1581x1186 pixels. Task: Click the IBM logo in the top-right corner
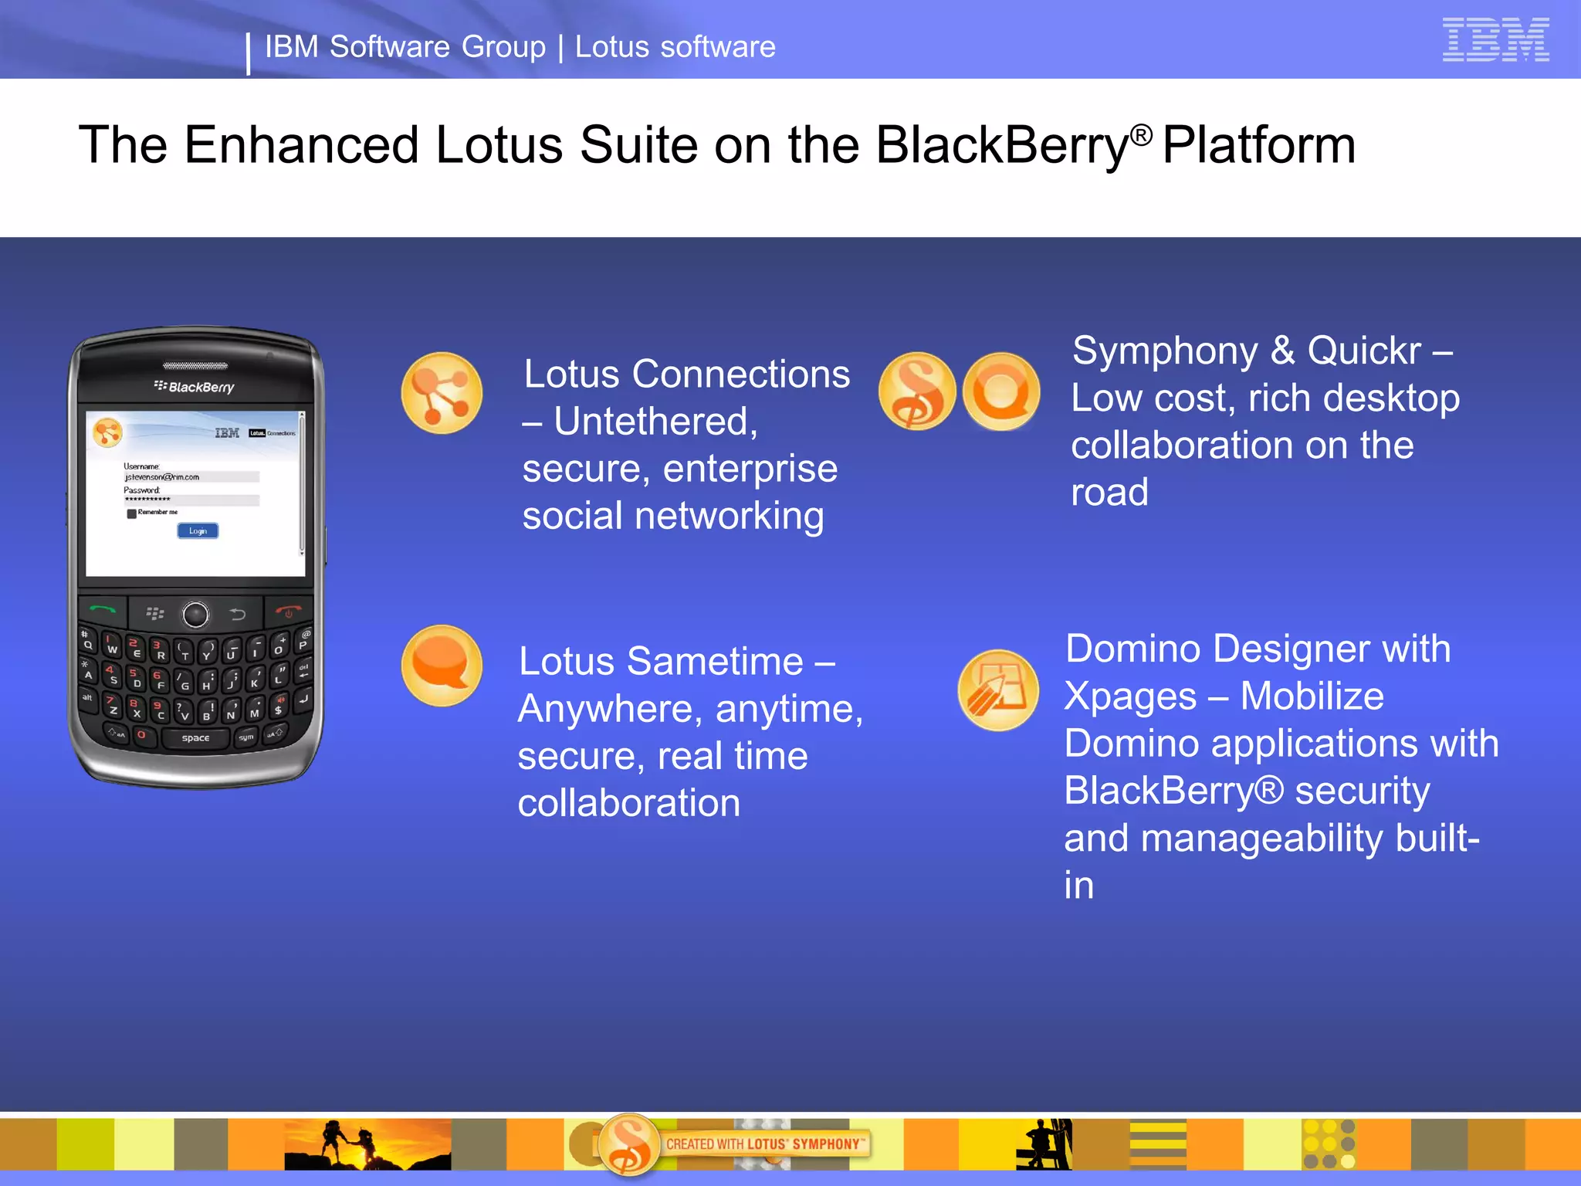click(1495, 39)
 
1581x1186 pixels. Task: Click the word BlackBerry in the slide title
click(1002, 145)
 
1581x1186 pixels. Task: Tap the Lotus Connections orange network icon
click(442, 393)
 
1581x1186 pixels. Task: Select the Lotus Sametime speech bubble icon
click(442, 665)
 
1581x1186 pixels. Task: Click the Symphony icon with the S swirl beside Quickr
click(916, 391)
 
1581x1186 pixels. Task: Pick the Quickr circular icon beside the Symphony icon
click(1001, 391)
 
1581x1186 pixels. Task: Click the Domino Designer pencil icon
click(997, 690)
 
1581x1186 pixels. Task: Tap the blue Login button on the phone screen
click(198, 530)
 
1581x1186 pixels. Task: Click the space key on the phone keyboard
click(195, 738)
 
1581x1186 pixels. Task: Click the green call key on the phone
click(103, 610)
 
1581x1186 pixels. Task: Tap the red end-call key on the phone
click(289, 611)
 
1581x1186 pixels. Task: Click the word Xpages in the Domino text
click(1129, 696)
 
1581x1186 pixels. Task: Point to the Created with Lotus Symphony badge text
click(764, 1144)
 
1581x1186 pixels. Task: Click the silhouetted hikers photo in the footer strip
click(367, 1144)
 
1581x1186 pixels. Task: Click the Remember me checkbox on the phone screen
click(132, 513)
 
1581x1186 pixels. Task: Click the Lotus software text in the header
click(675, 47)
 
